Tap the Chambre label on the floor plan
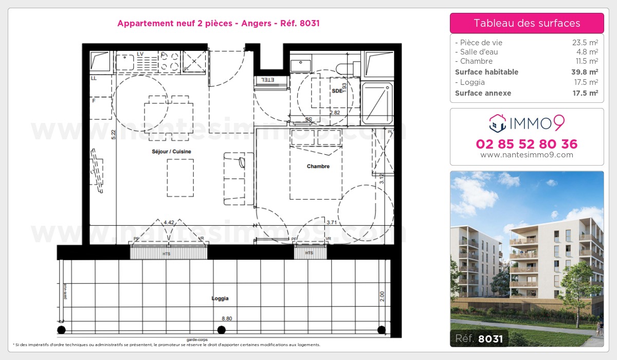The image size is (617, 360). point(318,166)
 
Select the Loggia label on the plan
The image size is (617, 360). point(220,298)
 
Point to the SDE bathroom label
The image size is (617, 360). point(337,91)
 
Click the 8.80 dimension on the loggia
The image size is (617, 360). point(227,319)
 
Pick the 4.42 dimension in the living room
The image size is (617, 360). point(168,222)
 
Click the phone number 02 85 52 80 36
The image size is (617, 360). point(527,144)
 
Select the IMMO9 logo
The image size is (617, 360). point(527,123)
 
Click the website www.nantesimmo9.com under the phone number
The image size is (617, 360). point(527,155)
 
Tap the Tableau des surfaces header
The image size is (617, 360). point(527,23)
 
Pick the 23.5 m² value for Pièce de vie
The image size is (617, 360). point(585,43)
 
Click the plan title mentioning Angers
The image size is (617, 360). point(219,23)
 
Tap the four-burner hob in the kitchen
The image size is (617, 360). point(169,62)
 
